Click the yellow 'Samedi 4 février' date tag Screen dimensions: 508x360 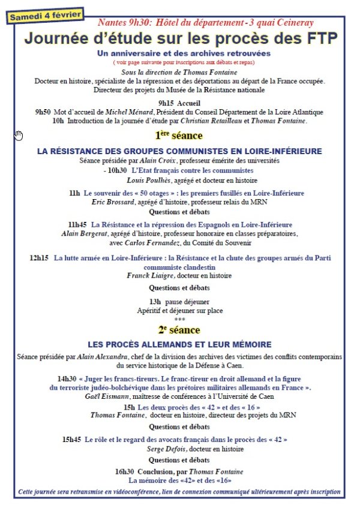[46, 14]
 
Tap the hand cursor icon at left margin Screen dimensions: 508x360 [19, 135]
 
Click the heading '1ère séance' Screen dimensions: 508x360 [179, 136]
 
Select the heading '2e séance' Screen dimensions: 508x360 [179, 330]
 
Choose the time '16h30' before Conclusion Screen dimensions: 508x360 [125, 471]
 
